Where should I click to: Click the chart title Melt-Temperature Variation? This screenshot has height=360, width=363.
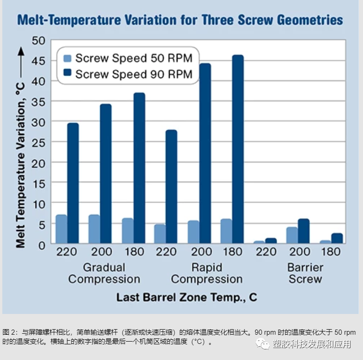point(180,20)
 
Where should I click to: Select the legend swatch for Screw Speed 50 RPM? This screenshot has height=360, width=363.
point(68,58)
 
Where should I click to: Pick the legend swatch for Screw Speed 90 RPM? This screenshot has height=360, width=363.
point(68,74)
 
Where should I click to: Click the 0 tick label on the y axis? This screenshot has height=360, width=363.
point(41,244)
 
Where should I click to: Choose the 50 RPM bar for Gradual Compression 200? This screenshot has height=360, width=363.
point(94,229)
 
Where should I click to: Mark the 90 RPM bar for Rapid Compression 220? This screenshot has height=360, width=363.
point(171,186)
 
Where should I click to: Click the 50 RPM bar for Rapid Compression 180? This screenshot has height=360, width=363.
point(226,231)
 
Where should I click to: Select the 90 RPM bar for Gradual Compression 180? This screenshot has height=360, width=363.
point(139,168)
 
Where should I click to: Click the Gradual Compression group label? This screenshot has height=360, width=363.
point(104,273)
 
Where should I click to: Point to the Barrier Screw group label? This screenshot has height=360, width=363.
point(305,273)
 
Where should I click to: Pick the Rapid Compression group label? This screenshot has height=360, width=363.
point(207,273)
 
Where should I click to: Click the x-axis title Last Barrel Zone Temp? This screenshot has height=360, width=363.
point(186,297)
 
